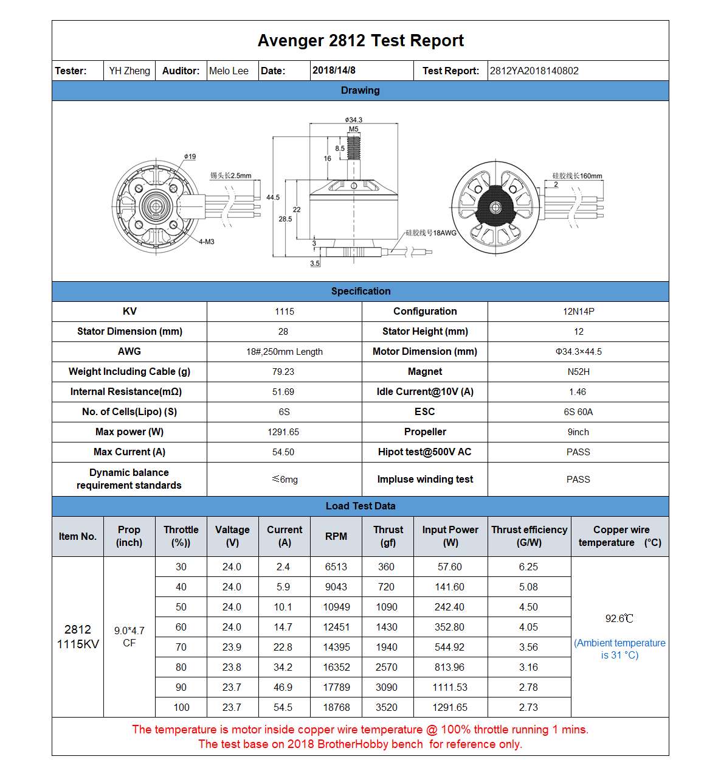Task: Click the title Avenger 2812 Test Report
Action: click(360, 41)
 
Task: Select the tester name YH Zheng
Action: click(129, 71)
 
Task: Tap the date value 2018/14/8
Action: click(334, 70)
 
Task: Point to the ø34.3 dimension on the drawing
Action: click(353, 120)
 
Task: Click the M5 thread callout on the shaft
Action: click(353, 129)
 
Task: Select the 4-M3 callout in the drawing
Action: click(207, 242)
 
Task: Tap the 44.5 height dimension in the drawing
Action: click(273, 197)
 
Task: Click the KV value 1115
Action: click(284, 312)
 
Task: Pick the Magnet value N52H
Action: click(578, 372)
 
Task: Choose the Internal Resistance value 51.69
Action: click(283, 392)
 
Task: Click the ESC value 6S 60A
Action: click(578, 412)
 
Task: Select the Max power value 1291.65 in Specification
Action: click(283, 432)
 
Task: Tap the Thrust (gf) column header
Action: click(388, 536)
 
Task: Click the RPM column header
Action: click(336, 536)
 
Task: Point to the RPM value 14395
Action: click(336, 647)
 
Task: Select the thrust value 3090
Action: click(387, 687)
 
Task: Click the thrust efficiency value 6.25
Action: click(528, 567)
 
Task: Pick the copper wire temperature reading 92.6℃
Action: click(619, 618)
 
